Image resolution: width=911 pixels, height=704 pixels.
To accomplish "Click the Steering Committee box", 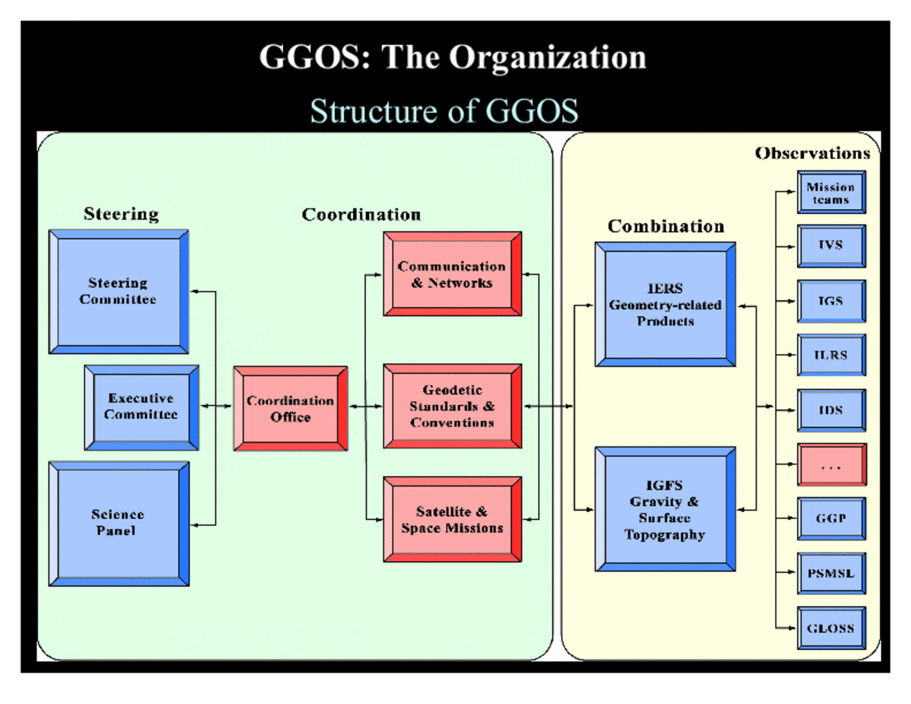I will point(118,291).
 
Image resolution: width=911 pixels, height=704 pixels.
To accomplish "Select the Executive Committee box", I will point(142,407).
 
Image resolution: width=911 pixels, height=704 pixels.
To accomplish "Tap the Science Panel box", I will point(118,523).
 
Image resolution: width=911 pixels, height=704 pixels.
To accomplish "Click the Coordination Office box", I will point(290,408).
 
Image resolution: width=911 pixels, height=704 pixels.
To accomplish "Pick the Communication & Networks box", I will point(452,274).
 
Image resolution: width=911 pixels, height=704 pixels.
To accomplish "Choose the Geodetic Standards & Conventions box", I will point(452,406).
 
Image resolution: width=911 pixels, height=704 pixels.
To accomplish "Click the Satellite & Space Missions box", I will point(452,520).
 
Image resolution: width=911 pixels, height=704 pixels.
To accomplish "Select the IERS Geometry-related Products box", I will point(665,304).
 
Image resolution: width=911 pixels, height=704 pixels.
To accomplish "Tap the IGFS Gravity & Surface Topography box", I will point(665,509).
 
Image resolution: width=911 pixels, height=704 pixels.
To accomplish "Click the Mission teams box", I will point(831,192).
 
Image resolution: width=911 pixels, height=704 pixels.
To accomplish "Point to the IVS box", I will point(831,246).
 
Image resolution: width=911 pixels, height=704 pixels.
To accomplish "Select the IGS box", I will point(831,301).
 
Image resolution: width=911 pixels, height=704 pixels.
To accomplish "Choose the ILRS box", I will point(831,355).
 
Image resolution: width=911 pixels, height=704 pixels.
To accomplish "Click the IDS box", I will point(831,410).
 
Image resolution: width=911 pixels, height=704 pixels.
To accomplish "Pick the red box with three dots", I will point(831,465).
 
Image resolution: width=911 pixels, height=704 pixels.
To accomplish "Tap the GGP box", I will point(831,518).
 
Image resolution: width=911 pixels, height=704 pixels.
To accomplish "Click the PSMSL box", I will point(831,573).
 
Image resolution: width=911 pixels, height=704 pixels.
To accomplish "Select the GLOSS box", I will point(831,628).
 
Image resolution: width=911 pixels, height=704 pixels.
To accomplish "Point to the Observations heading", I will point(812,153).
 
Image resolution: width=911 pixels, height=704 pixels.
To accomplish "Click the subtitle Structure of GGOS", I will point(444,111).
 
